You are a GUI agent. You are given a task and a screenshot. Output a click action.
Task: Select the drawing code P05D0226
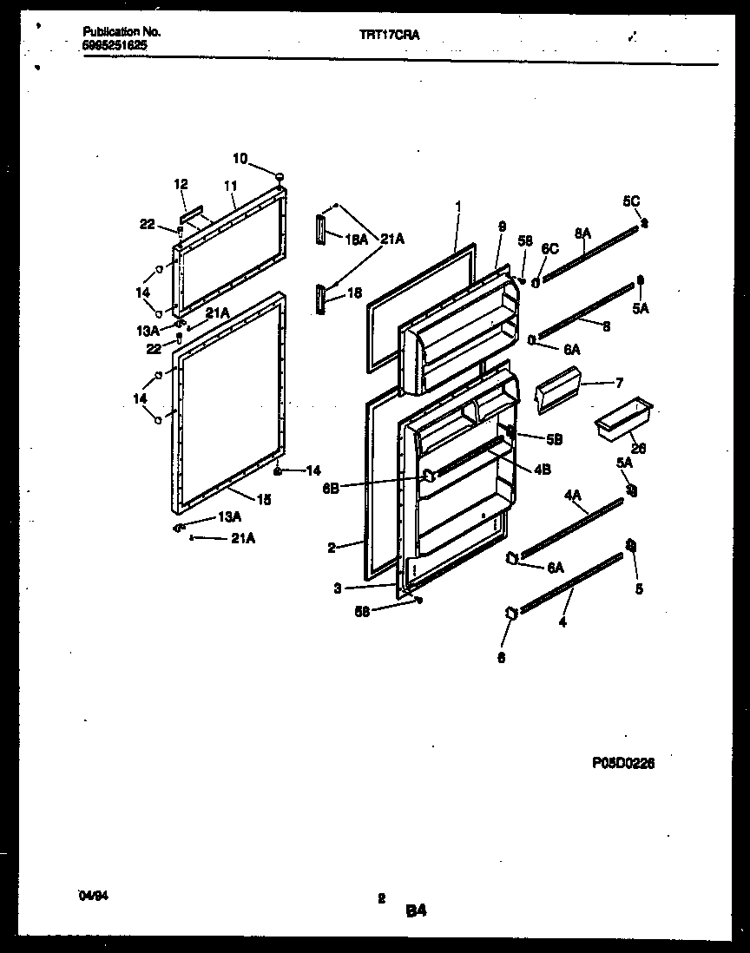tap(623, 763)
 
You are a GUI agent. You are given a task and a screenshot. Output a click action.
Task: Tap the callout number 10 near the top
tap(240, 158)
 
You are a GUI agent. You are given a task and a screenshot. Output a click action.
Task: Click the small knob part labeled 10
tap(280, 177)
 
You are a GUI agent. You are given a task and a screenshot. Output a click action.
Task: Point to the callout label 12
tap(181, 184)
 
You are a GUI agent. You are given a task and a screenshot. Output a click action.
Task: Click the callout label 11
tap(230, 186)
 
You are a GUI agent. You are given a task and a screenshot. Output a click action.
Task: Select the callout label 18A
tap(355, 237)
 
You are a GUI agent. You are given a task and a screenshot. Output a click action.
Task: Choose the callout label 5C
tap(630, 201)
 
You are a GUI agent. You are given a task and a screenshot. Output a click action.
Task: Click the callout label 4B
tap(543, 470)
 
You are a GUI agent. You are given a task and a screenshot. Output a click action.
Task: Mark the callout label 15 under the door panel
tap(264, 498)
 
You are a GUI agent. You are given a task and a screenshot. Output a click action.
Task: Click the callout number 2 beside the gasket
tap(332, 548)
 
